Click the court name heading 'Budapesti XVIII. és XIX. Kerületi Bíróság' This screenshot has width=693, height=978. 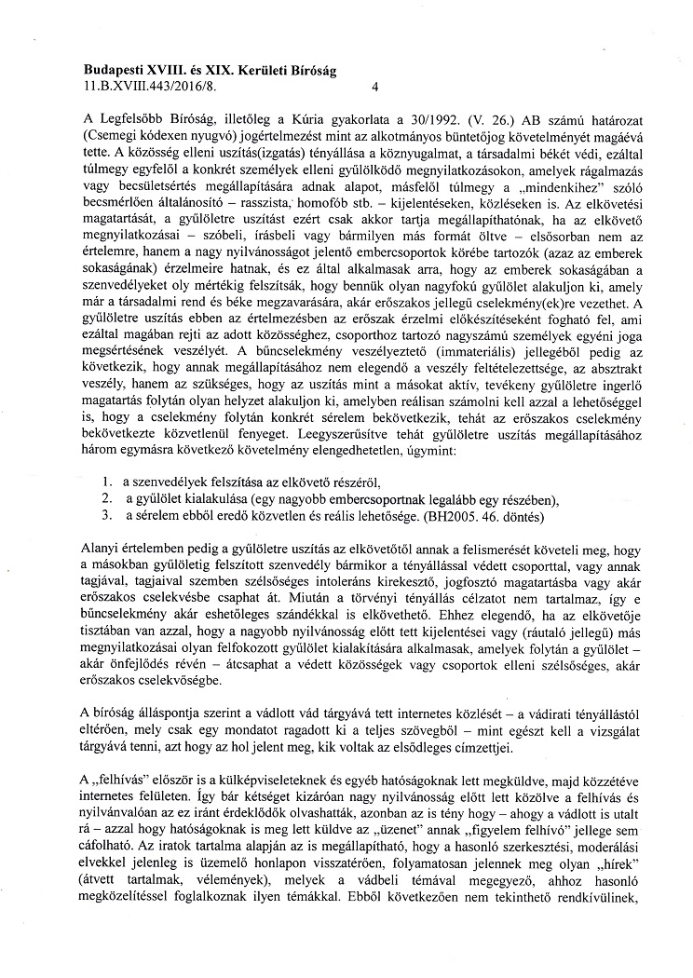(211, 70)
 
